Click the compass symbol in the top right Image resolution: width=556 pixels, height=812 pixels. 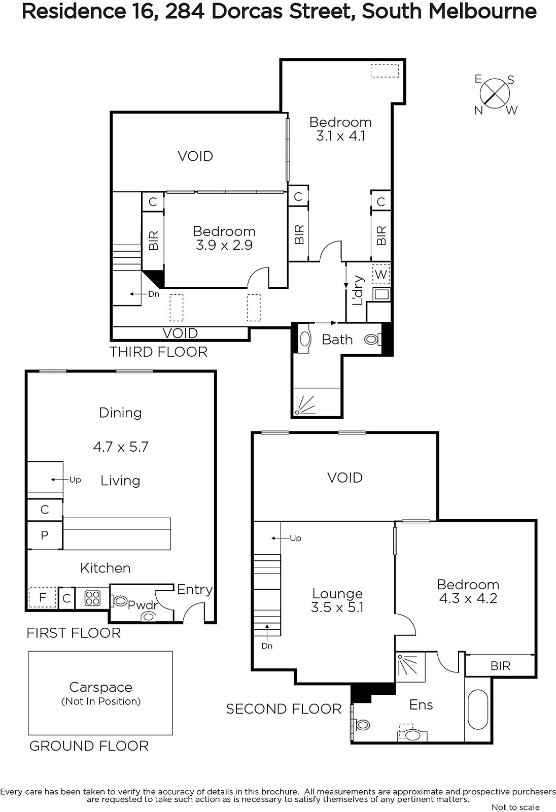coord(495,94)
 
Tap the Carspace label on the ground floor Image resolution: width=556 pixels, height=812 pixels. coord(101,687)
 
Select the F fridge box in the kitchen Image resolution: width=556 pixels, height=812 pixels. coord(43,597)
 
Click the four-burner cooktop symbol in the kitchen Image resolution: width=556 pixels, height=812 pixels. coord(92,598)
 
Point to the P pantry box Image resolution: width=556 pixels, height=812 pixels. coord(45,535)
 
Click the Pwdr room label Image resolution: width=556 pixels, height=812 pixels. coord(143,604)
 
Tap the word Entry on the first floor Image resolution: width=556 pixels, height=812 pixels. coord(195,590)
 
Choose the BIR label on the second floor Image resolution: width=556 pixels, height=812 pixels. coord(500,665)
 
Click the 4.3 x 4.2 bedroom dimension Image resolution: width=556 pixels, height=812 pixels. coord(468,598)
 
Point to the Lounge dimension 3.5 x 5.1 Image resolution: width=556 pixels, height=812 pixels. coord(337,607)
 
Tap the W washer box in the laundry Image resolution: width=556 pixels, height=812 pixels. coord(381,274)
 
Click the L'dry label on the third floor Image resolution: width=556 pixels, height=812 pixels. coord(358,290)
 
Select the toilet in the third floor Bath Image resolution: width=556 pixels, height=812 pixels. coord(372,340)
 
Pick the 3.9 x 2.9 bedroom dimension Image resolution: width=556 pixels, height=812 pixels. coord(224,245)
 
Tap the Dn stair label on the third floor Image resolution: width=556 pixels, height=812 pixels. coord(154,294)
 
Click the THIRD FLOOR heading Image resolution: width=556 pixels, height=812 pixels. coord(158,352)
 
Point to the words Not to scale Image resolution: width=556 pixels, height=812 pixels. coord(515,807)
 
